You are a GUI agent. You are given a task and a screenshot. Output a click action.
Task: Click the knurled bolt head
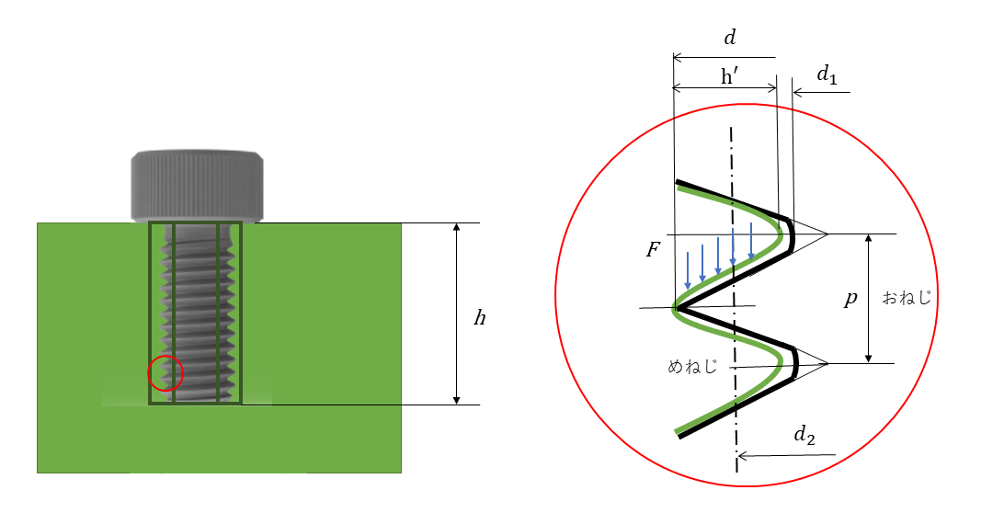[x=197, y=186]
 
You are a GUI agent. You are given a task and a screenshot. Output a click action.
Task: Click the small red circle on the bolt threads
[x=165, y=356]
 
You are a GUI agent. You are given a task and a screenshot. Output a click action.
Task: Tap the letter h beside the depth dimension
[x=479, y=318]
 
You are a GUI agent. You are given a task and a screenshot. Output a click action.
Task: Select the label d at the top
[x=729, y=39]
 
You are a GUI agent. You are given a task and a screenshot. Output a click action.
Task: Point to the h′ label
[x=729, y=76]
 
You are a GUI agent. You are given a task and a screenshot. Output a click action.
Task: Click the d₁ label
[x=827, y=75]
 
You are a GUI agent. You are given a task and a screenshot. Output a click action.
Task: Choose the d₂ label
[x=804, y=435]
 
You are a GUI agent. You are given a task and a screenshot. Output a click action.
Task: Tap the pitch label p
[x=850, y=299]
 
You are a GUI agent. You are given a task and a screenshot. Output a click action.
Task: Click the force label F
[x=653, y=250]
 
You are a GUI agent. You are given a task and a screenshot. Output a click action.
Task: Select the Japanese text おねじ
[x=907, y=298]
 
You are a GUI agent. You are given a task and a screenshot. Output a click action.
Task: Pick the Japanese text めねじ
[x=692, y=366]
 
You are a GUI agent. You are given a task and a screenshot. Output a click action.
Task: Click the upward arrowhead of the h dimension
[x=457, y=228]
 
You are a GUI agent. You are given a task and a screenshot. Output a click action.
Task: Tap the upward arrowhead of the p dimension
[x=869, y=239]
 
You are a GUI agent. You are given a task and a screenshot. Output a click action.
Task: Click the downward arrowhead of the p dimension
[x=869, y=358]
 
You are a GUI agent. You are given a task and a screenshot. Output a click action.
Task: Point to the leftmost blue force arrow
[x=688, y=270]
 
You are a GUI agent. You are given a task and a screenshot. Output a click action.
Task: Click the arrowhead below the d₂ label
[x=743, y=456]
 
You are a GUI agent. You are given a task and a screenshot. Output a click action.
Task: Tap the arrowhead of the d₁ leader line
[x=798, y=93]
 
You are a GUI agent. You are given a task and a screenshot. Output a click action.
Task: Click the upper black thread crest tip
[x=792, y=234]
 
